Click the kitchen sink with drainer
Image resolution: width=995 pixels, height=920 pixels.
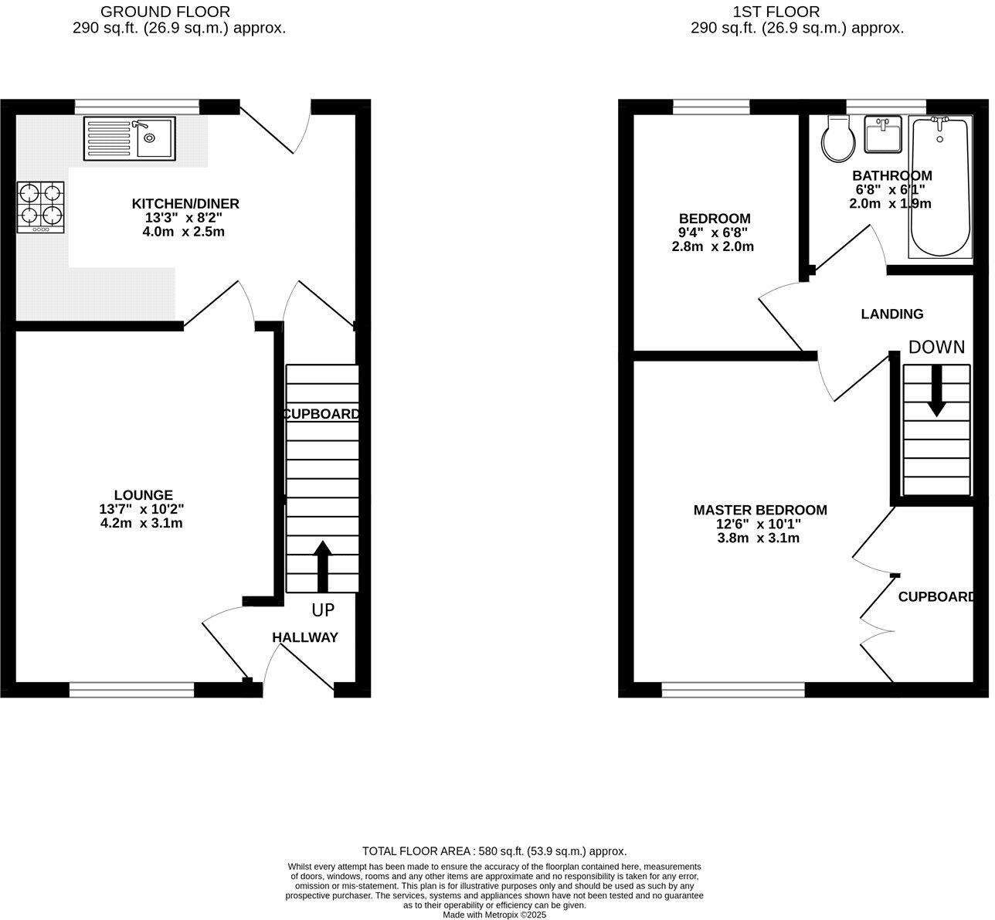[x=130, y=138]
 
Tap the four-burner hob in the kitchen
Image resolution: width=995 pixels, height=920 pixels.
[x=42, y=206]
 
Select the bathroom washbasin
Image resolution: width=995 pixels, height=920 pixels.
[x=883, y=134]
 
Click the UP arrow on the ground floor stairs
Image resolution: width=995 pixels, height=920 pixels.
[x=322, y=566]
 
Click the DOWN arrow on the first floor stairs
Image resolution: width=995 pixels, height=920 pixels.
[x=936, y=390]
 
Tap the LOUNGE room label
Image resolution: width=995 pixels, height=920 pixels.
[x=143, y=495]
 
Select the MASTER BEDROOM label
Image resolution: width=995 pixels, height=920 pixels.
[x=760, y=510]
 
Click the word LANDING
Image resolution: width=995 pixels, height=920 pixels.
[x=892, y=314]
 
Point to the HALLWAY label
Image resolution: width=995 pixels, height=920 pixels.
[x=305, y=637]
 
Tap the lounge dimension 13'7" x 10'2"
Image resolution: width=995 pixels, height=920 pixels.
[x=141, y=509]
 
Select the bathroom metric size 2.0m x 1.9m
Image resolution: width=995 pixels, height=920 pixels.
[x=891, y=204]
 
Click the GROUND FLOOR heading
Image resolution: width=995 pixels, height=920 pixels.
[x=165, y=12]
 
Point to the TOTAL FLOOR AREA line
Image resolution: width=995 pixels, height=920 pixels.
[x=494, y=850]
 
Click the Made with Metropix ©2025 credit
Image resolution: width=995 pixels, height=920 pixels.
[x=494, y=915]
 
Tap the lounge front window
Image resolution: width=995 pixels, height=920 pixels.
[x=131, y=690]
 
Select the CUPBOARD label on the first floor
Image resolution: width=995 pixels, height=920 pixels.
[x=935, y=597]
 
